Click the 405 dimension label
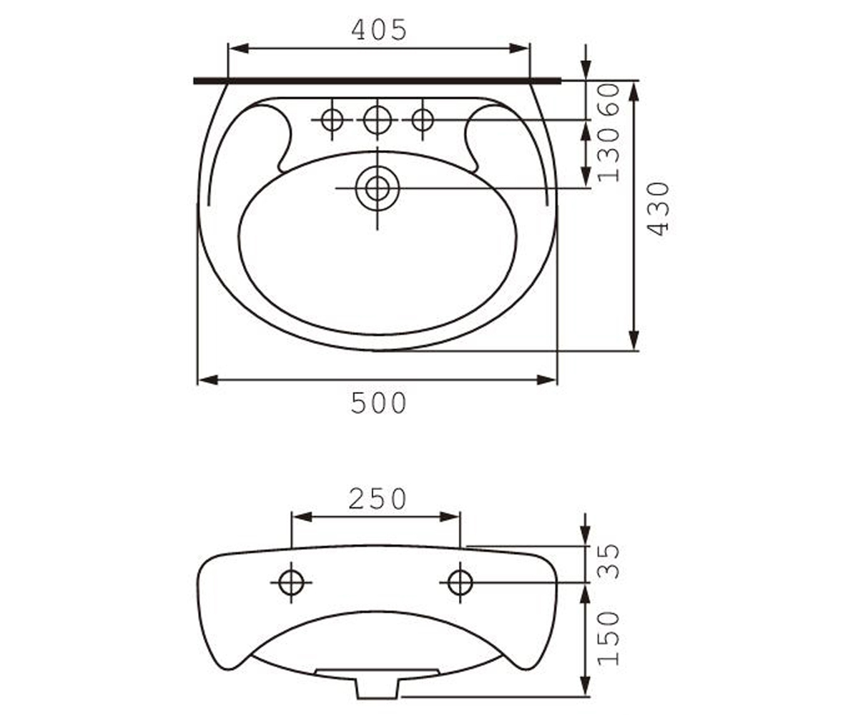tap(379, 30)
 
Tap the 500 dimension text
tap(378, 403)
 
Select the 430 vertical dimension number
tap(659, 209)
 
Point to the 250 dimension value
tap(378, 499)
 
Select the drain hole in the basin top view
tap(378, 189)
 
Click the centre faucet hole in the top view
tap(378, 120)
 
